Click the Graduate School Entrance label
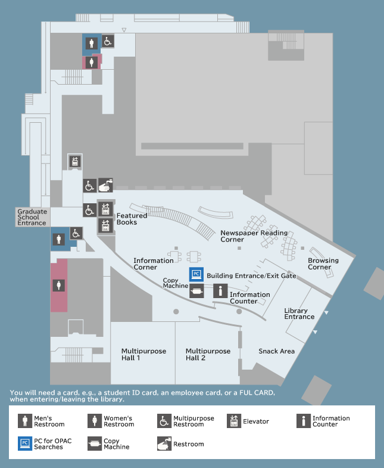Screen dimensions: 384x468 [32, 217]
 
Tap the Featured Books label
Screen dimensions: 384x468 [132, 219]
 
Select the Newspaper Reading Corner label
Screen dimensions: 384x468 [254, 236]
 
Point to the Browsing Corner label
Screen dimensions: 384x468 [323, 264]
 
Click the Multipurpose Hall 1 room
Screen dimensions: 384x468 [143, 353]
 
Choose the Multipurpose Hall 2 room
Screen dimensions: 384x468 [208, 353]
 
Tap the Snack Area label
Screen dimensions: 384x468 [276, 351]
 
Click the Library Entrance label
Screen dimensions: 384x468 [299, 314]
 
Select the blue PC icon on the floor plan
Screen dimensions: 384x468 [196, 274]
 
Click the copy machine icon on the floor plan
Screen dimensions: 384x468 [196, 291]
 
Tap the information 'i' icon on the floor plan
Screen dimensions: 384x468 [220, 291]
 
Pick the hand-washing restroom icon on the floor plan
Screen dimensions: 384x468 [105, 185]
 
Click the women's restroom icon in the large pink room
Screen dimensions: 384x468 [59, 286]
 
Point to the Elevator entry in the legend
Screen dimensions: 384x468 [248, 421]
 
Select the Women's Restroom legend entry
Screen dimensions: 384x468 [111, 421]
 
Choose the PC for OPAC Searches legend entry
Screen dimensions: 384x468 [45, 444]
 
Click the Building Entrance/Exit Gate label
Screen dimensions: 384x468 [251, 276]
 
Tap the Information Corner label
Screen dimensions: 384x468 [153, 264]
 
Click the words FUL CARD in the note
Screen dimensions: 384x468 [257, 393]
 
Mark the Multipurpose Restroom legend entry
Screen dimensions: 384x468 [186, 421]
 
